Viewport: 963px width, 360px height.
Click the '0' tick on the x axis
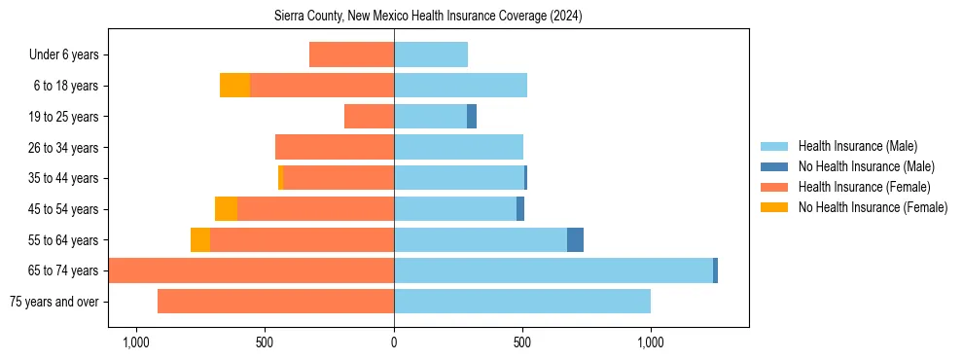(394, 342)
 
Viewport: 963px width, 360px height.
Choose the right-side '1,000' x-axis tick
(650, 342)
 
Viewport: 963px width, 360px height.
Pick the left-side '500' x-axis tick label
(265, 342)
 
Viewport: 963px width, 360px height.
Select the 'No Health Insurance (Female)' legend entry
(873, 207)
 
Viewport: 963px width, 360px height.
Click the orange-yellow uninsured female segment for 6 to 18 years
(234, 86)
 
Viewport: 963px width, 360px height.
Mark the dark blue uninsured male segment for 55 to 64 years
(575, 240)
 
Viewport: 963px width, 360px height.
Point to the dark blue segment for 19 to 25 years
(472, 117)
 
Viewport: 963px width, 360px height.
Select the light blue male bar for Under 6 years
(431, 55)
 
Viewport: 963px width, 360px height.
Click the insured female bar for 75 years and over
(275, 302)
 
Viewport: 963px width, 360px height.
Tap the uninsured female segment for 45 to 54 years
(226, 209)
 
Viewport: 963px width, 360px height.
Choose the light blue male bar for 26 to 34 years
(458, 148)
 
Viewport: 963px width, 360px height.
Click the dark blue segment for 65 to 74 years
(715, 270)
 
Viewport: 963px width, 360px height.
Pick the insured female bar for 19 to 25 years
(369, 117)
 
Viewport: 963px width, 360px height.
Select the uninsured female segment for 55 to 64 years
(200, 240)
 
